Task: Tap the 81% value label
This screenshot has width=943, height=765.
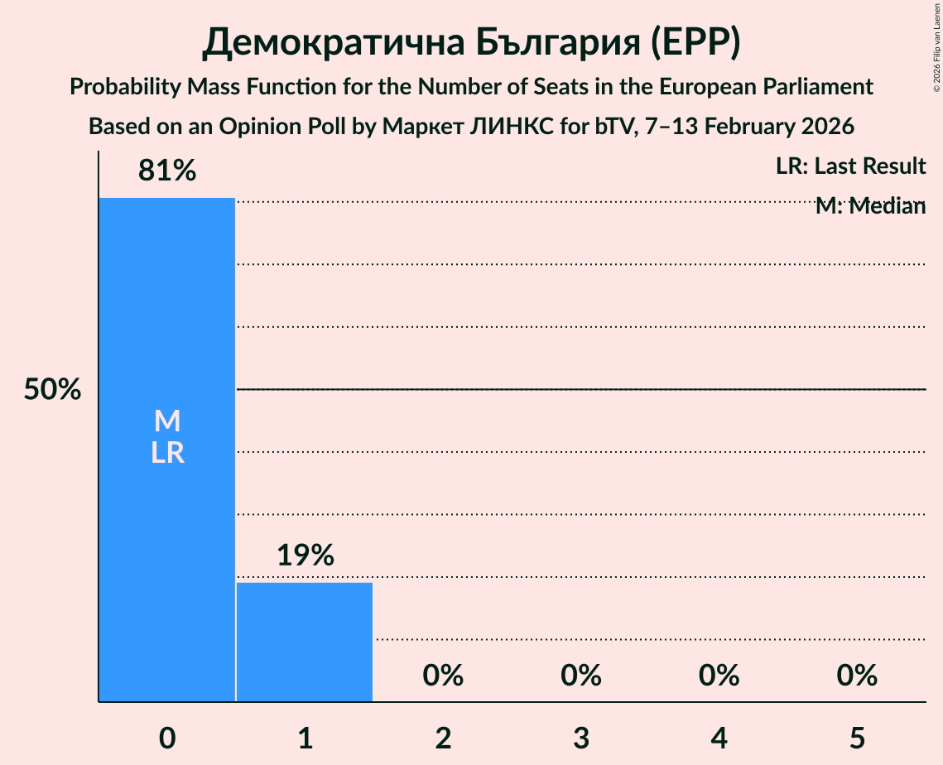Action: pos(167,171)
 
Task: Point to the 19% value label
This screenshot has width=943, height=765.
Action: pos(305,556)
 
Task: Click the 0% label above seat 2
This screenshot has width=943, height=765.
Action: pos(443,676)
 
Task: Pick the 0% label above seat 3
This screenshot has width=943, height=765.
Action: pos(581,676)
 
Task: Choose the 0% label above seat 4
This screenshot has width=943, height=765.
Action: pos(719,676)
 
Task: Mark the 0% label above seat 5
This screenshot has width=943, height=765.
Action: pos(857,676)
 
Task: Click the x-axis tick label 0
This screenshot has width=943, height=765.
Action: pos(167,738)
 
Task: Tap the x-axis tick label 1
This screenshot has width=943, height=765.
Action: pos(305,738)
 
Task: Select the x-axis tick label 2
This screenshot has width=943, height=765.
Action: pos(443,738)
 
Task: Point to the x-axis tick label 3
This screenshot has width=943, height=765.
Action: pos(581,738)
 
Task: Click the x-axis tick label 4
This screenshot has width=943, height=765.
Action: pos(719,738)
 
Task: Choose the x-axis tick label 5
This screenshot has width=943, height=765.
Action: pos(857,738)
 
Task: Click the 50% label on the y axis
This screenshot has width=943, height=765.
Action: pos(52,390)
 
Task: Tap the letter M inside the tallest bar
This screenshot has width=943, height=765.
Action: pos(167,421)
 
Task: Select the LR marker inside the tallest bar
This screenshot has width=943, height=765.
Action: pos(167,453)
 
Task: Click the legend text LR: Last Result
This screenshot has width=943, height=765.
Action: pos(850,166)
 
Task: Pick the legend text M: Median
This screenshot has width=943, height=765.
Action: pos(870,206)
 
